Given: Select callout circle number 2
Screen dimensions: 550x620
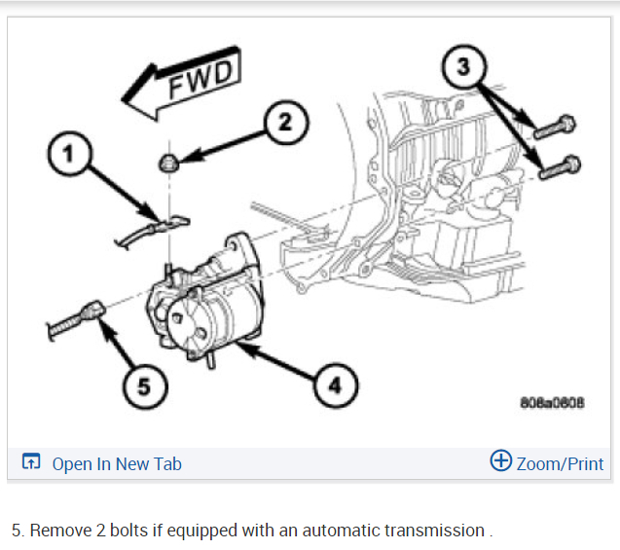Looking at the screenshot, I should pyautogui.click(x=283, y=123).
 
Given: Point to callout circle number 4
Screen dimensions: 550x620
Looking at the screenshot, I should pyautogui.click(x=334, y=386).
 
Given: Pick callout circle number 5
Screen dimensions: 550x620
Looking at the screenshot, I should pyautogui.click(x=143, y=386).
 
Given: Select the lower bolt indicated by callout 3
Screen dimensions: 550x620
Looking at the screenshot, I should pyautogui.click(x=560, y=168).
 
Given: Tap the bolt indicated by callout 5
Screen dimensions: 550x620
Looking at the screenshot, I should pyautogui.click(x=76, y=317).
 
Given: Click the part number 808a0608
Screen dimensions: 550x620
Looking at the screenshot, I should pyautogui.click(x=554, y=404).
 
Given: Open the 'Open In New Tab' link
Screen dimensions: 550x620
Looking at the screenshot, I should pyautogui.click(x=117, y=464).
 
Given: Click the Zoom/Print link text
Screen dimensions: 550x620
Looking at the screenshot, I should pyautogui.click(x=560, y=463).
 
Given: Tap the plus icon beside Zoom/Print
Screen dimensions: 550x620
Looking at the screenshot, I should pyautogui.click(x=500, y=461).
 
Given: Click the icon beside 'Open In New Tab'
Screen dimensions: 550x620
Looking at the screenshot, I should pyautogui.click(x=32, y=463).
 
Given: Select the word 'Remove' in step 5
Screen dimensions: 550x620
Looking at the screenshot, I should pyautogui.click(x=59, y=531).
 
